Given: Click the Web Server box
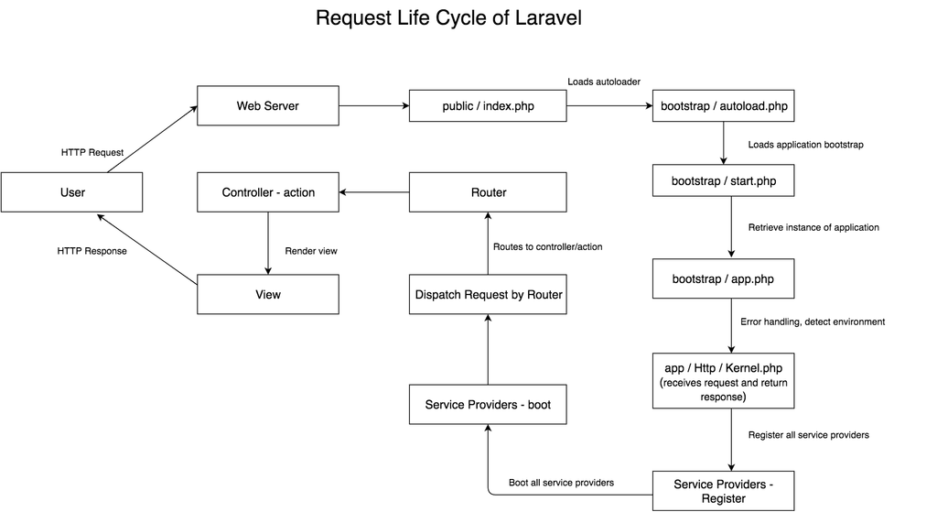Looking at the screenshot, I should pyautogui.click(x=268, y=106).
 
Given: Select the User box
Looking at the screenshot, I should pyautogui.click(x=72, y=193).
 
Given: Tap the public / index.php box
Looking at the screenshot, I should pyautogui.click(x=488, y=106).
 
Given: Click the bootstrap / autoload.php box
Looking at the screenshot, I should pyautogui.click(x=724, y=106).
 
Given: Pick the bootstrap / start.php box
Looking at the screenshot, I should pyautogui.click(x=724, y=181).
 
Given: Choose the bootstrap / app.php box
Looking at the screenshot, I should pyautogui.click(x=724, y=278).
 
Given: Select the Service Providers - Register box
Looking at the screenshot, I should pyautogui.click(x=724, y=491).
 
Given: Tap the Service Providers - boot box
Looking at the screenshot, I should pyautogui.click(x=488, y=404).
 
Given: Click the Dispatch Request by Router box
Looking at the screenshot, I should pyautogui.click(x=488, y=294).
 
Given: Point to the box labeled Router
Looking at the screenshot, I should pyautogui.click(x=488, y=192).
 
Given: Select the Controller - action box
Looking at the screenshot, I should pyautogui.click(x=268, y=192).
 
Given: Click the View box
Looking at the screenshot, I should pyautogui.click(x=268, y=294).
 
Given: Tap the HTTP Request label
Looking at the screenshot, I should pyautogui.click(x=92, y=152).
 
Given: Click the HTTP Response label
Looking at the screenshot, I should pyautogui.click(x=92, y=251).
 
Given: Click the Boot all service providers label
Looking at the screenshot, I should pyautogui.click(x=561, y=483).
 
